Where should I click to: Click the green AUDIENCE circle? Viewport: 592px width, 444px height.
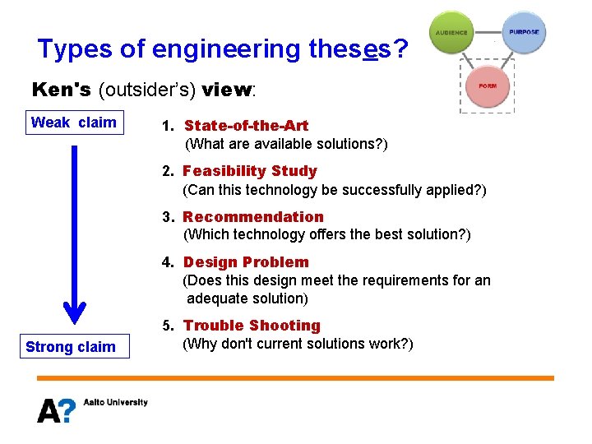[451, 33]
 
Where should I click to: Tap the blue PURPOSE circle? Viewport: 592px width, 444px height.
[524, 33]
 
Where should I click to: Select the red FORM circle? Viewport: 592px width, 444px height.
[488, 86]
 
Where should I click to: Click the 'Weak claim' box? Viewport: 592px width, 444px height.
[73, 123]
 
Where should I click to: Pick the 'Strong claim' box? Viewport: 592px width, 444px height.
[71, 347]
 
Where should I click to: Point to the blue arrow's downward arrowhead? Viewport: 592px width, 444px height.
[75, 313]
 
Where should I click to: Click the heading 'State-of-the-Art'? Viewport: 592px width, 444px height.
[246, 126]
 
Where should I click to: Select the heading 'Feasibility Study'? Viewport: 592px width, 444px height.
[250, 171]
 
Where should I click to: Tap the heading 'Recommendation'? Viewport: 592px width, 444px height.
[253, 217]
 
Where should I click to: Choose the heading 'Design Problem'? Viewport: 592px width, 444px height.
[246, 262]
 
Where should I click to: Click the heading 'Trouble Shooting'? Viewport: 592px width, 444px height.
[252, 326]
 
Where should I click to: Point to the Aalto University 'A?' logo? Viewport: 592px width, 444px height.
[56, 409]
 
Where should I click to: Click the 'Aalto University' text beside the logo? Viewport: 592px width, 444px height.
[115, 402]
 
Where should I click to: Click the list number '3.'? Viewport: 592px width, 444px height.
[169, 217]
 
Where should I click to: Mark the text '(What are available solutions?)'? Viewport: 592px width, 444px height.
[286, 144]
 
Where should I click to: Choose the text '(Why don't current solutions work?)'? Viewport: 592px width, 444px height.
[297, 344]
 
